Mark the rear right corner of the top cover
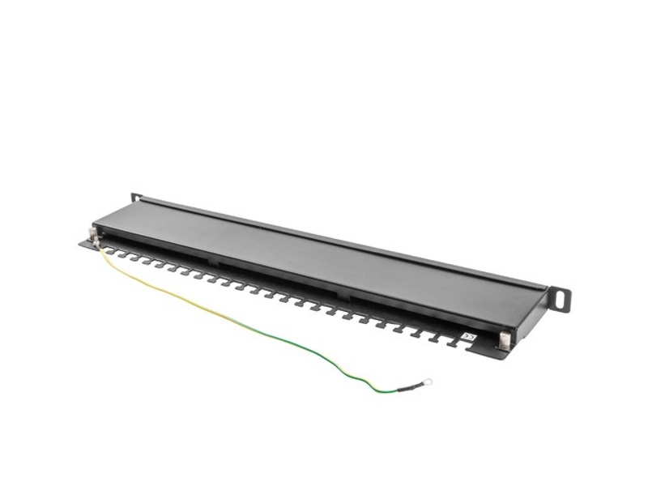(544, 284)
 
